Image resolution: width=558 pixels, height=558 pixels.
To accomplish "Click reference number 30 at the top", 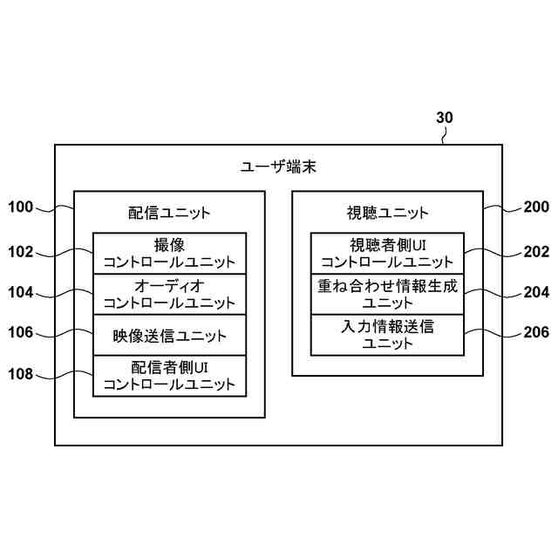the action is pos(445,118).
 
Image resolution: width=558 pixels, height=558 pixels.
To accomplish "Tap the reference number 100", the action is pos(20,208).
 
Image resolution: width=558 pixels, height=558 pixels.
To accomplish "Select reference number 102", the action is pos(20,252).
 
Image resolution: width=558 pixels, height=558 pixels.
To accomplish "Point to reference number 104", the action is pos(20,292).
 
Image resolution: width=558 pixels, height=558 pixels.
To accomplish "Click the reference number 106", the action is pos(20,332).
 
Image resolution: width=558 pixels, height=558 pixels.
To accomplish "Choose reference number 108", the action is pos(20,374).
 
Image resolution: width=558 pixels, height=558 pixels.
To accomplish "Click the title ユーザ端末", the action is pos(278,166).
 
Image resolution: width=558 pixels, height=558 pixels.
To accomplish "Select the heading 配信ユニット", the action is pos(169,212).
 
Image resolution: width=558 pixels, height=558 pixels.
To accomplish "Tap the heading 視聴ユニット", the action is pos(387,212).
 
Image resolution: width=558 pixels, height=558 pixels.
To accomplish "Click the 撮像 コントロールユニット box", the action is pos(169,253).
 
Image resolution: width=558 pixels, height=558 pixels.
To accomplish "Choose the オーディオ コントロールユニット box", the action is pos(169,294).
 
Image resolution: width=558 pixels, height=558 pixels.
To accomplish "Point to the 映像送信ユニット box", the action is pos(169,335).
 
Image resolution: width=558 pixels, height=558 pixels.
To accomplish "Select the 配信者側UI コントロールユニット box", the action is pos(169,376).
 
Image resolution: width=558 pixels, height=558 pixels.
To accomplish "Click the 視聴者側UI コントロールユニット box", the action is pos(387,253).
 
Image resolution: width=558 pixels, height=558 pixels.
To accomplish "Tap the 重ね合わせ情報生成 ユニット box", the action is pos(387,294).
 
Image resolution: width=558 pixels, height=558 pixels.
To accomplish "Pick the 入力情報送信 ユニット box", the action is pos(387,335).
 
